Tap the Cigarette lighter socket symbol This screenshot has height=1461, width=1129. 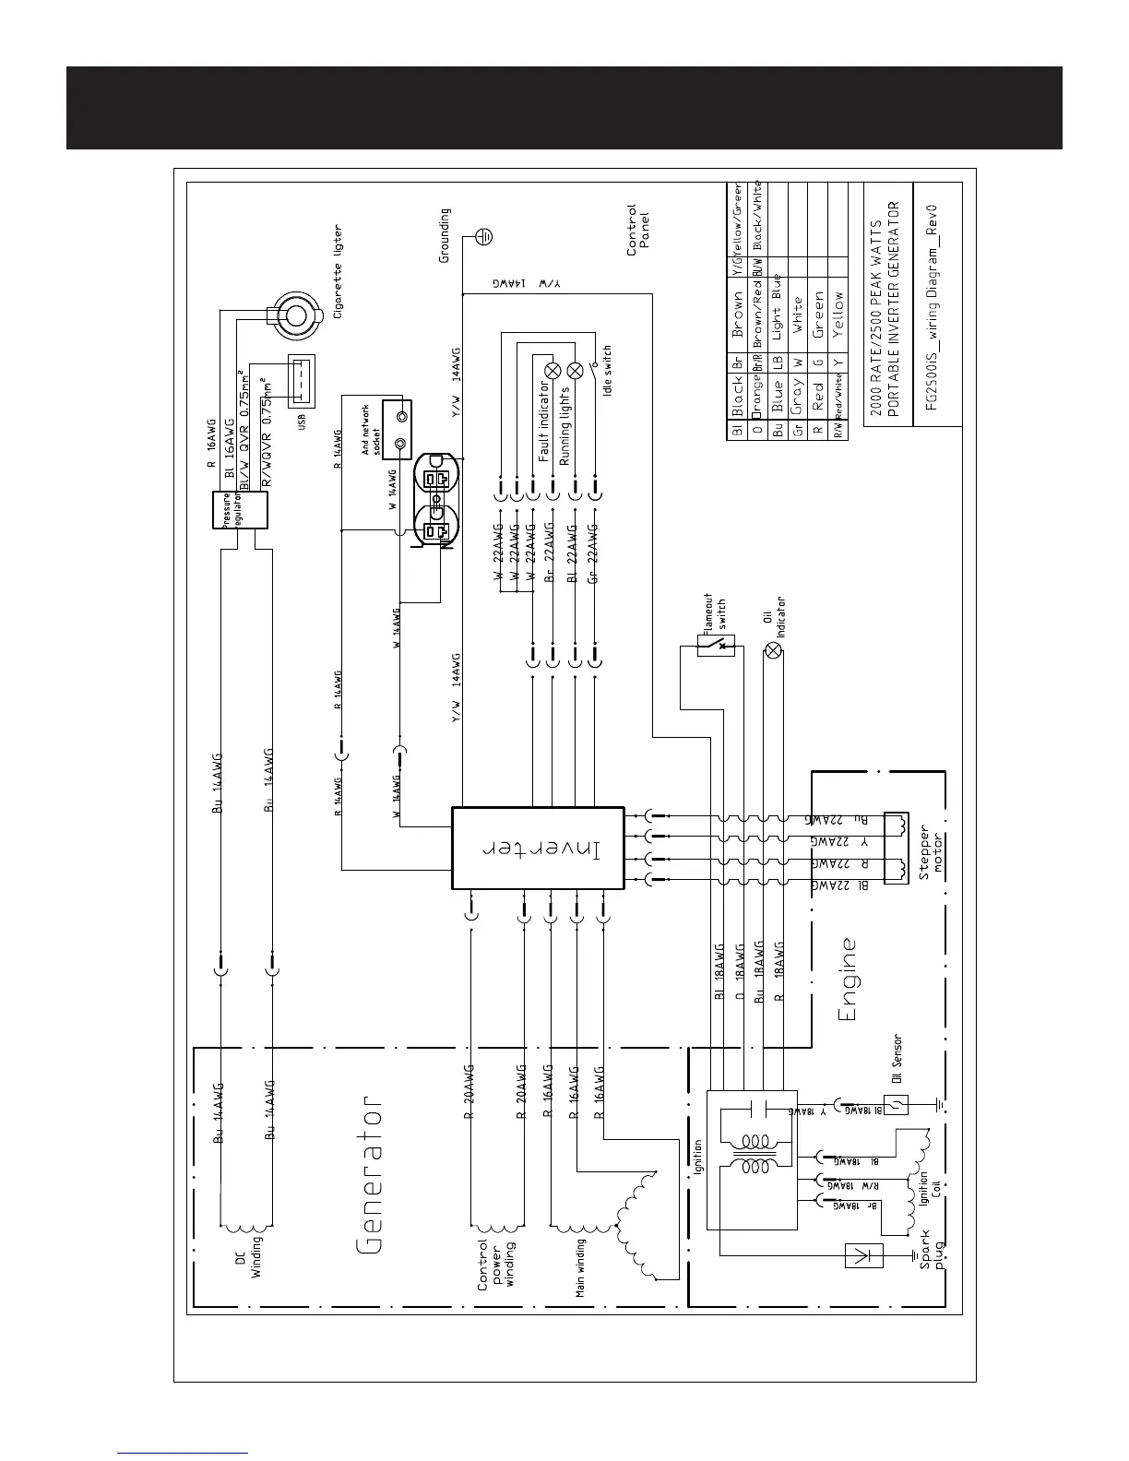(x=295, y=315)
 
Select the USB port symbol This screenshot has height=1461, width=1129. (x=301, y=380)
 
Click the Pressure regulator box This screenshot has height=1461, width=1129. (x=243, y=509)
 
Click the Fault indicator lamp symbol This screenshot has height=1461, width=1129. (x=553, y=371)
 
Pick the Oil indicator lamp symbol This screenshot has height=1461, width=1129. (x=774, y=650)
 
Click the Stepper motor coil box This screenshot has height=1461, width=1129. (x=896, y=848)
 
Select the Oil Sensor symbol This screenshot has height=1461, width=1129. (x=900, y=1105)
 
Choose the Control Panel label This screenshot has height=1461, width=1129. (x=638, y=230)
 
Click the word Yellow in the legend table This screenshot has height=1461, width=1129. (x=838, y=314)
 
